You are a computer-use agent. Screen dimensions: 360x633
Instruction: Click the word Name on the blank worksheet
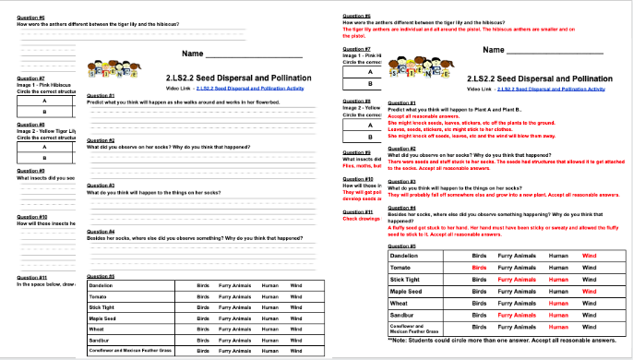click(193, 54)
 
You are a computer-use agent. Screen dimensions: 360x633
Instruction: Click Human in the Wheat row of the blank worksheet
click(269, 329)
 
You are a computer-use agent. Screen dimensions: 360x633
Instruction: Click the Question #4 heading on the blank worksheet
click(100, 231)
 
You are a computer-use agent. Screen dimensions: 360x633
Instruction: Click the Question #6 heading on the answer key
click(355, 17)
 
